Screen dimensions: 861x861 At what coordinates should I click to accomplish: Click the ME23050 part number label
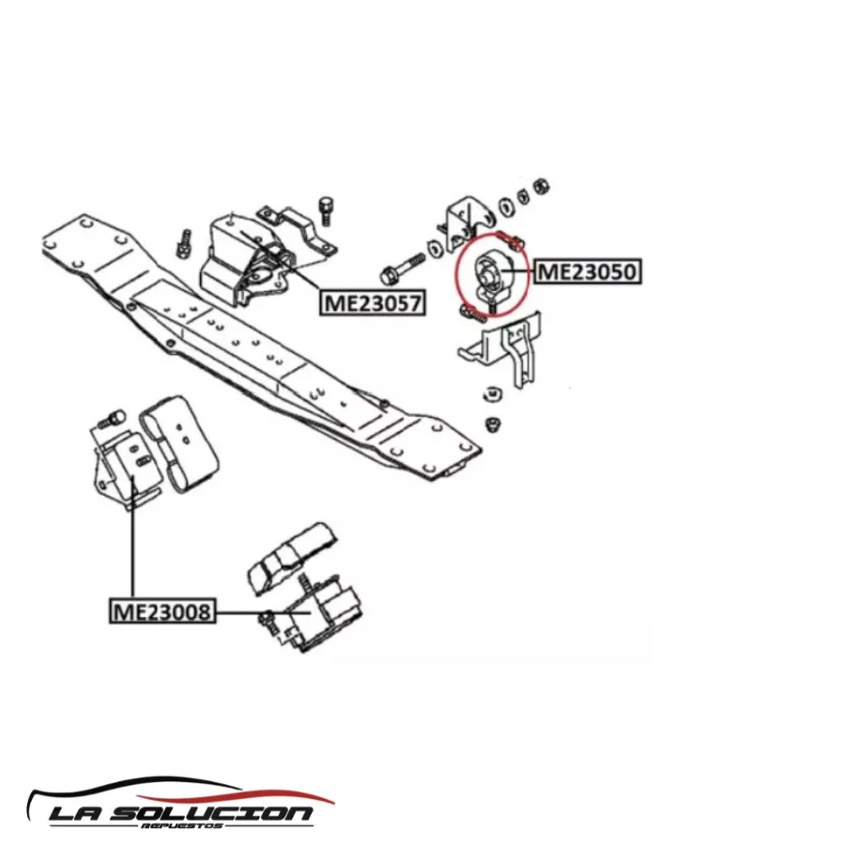(587, 272)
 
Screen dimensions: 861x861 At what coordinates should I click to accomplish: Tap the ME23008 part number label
(162, 611)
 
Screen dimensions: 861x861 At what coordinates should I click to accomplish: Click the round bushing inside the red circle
(490, 274)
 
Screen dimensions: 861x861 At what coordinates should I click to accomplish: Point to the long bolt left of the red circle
(404, 266)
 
